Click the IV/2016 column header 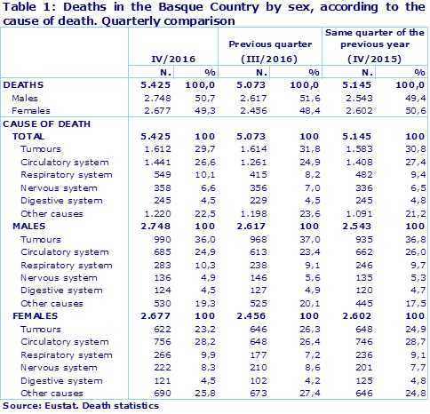173,59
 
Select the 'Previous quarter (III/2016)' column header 270,51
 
